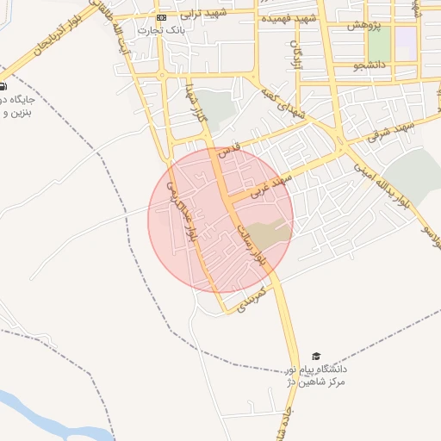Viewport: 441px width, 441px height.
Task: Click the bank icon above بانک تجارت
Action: click(162, 17)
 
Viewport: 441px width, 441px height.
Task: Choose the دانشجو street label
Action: click(370, 64)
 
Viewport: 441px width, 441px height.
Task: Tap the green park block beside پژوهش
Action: click(379, 43)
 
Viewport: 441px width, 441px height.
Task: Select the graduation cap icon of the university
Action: click(316, 357)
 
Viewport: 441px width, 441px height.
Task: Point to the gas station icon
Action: click(3, 86)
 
